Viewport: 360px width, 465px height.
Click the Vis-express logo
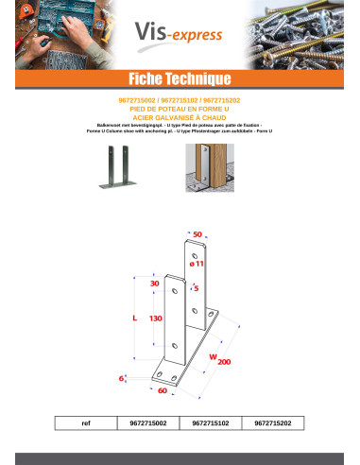180,36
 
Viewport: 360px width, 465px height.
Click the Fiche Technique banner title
180,77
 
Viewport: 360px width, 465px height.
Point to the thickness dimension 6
122,377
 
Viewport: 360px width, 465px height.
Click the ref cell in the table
88,423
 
